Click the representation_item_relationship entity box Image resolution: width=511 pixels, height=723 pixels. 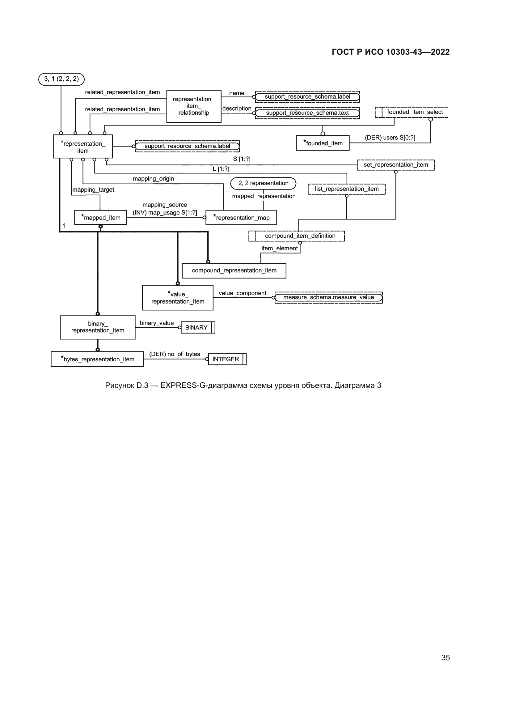(x=194, y=106)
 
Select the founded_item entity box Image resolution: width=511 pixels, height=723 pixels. (x=323, y=143)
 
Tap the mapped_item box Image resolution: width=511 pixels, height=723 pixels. (x=100, y=217)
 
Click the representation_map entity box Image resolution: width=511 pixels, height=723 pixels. (x=241, y=217)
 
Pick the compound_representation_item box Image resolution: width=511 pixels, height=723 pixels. (x=234, y=270)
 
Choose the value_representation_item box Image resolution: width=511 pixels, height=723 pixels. (x=178, y=298)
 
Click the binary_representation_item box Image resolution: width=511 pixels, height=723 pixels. (x=98, y=327)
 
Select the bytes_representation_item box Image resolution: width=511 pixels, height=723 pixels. (x=97, y=359)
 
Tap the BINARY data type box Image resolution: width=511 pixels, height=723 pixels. (x=198, y=327)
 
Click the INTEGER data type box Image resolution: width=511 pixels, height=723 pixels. (x=227, y=359)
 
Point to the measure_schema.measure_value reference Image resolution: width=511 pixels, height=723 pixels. (x=328, y=298)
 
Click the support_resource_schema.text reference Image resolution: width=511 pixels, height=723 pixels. (x=307, y=113)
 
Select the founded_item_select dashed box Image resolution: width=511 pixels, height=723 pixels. (x=412, y=112)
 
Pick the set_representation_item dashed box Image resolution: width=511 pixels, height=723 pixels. (x=396, y=165)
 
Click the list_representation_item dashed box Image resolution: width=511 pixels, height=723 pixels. (x=347, y=189)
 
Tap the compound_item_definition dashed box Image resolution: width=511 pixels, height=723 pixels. (x=297, y=236)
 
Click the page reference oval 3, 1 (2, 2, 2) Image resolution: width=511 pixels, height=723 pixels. (x=61, y=79)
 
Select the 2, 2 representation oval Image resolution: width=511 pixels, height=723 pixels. (x=263, y=183)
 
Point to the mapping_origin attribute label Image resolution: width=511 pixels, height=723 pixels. (x=153, y=179)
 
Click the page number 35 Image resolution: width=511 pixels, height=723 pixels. (x=446, y=657)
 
